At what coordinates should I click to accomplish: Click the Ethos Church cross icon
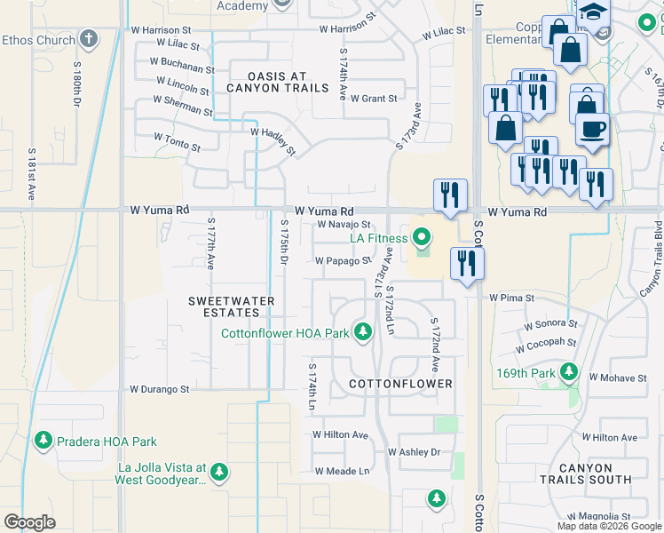tap(88, 39)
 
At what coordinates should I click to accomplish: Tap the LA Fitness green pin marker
tap(423, 237)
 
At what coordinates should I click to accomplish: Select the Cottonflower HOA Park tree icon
tap(362, 332)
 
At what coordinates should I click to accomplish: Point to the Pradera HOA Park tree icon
tap(43, 441)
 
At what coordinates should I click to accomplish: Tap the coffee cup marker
tap(592, 129)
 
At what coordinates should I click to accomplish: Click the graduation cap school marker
tap(594, 12)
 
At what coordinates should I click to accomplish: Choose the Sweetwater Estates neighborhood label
tap(232, 307)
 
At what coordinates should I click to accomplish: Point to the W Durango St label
tap(160, 389)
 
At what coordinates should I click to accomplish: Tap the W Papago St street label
tap(343, 261)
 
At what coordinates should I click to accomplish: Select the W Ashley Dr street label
tap(414, 452)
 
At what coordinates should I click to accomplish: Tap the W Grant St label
tap(374, 99)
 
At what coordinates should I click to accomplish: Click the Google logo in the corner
tap(29, 521)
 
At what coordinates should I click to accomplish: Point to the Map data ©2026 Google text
tap(608, 526)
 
